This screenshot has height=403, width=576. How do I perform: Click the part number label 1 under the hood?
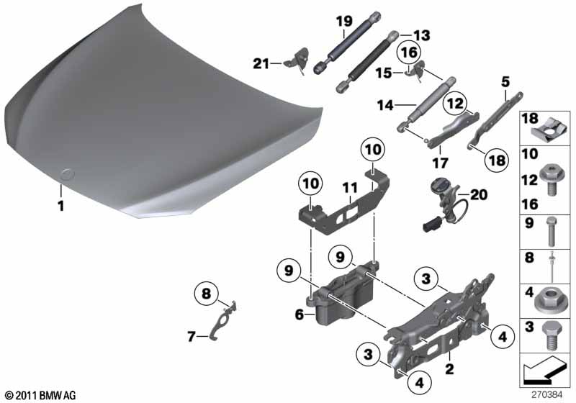[60, 206]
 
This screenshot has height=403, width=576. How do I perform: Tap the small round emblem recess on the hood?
[67, 174]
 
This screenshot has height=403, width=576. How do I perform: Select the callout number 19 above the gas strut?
[344, 21]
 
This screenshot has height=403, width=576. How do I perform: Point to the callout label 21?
[261, 64]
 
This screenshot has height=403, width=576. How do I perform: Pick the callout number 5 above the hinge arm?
[505, 82]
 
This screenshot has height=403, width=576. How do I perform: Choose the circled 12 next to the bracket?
[455, 103]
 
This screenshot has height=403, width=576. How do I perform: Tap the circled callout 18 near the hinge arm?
[497, 160]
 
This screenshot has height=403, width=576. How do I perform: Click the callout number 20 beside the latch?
[479, 195]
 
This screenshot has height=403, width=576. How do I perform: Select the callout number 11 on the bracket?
[349, 189]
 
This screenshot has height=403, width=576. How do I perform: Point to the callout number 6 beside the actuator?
[300, 314]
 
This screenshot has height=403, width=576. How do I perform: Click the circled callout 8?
[207, 294]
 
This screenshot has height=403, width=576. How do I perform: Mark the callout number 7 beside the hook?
[192, 336]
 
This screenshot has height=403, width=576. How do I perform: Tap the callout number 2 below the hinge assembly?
[449, 369]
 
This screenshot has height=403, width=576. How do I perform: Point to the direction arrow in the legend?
[544, 371]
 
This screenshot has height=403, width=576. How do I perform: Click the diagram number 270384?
[547, 395]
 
